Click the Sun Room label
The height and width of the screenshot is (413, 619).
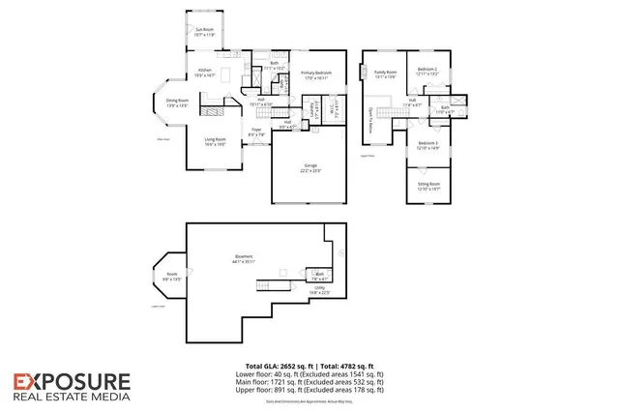tap(204, 32)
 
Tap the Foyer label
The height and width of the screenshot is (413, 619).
tap(256, 132)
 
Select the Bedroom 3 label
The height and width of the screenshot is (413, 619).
tap(428, 145)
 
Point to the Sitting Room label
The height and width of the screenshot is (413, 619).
tap(428, 185)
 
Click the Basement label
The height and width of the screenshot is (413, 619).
tap(243, 258)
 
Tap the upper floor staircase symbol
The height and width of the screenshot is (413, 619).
tap(392, 113)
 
